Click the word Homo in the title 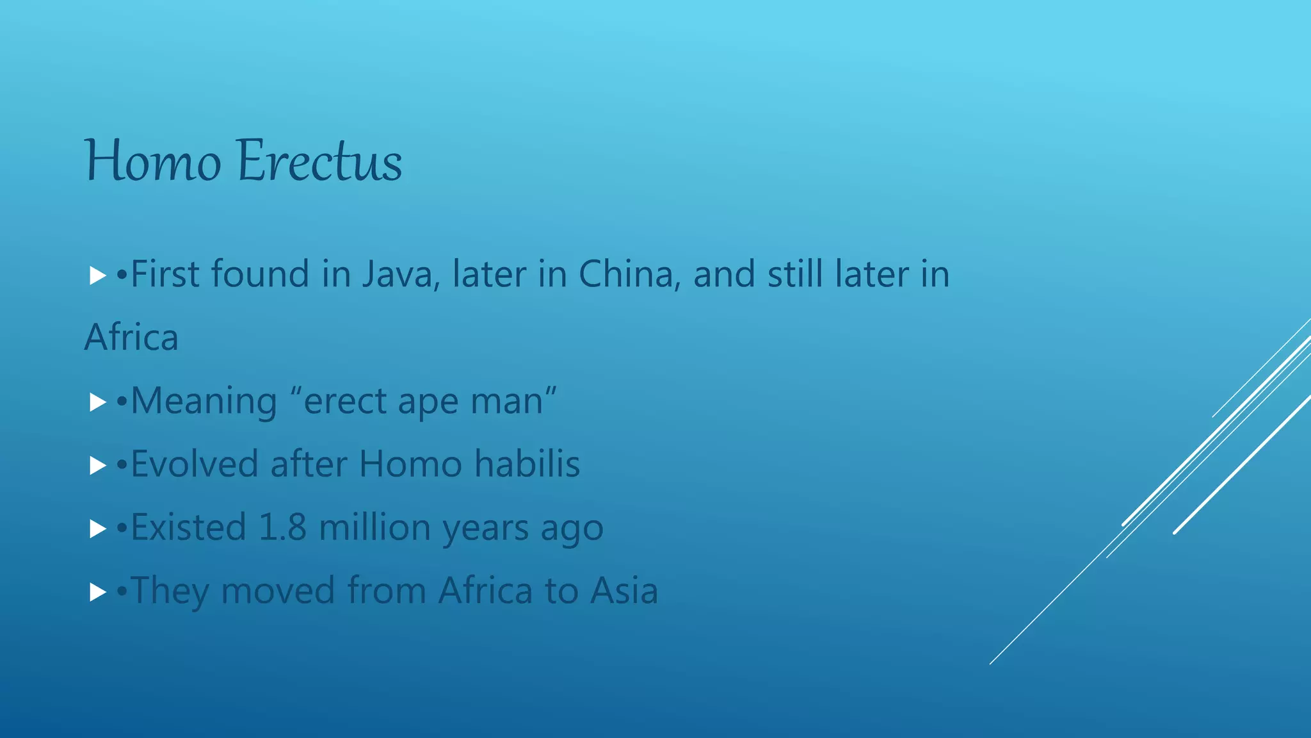coord(153,161)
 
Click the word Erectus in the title coord(319,161)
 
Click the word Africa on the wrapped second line coord(131,338)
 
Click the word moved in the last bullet coord(278,590)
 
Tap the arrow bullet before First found coord(97,276)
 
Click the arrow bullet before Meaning coord(97,402)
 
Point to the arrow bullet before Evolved coord(97,465)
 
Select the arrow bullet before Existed coord(97,529)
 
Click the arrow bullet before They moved coord(97,591)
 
